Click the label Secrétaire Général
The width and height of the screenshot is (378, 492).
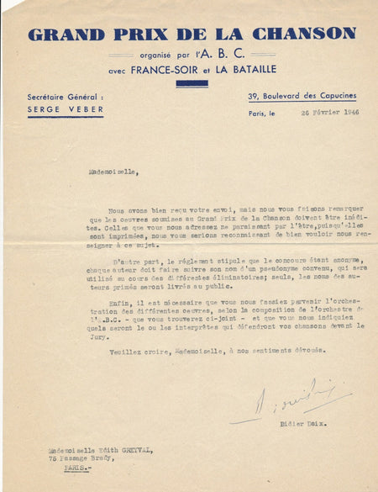65,98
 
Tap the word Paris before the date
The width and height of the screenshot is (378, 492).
257,113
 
